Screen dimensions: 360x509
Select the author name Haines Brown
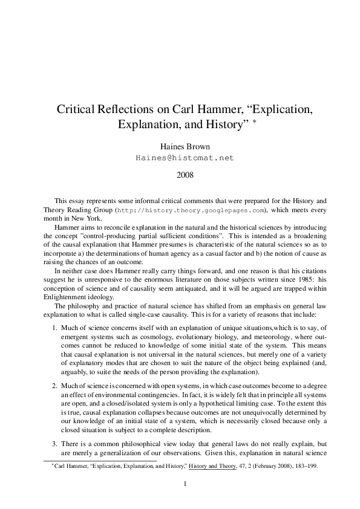180,146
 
